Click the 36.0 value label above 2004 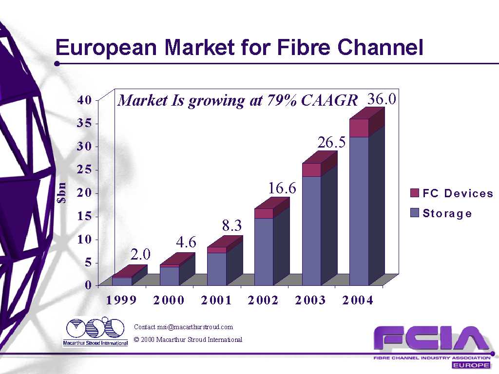click(382, 99)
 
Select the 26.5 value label click(332, 143)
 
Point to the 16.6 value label click(282, 188)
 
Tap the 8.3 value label click(232, 225)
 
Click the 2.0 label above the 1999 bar click(140, 254)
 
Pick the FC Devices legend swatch click(415, 193)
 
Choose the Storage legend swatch click(415, 213)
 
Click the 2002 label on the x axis click(263, 300)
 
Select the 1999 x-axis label click(121, 300)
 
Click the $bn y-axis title click(62, 192)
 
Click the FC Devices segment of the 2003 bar click(311, 169)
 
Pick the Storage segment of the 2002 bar click(264, 251)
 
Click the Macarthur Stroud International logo click(96, 332)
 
